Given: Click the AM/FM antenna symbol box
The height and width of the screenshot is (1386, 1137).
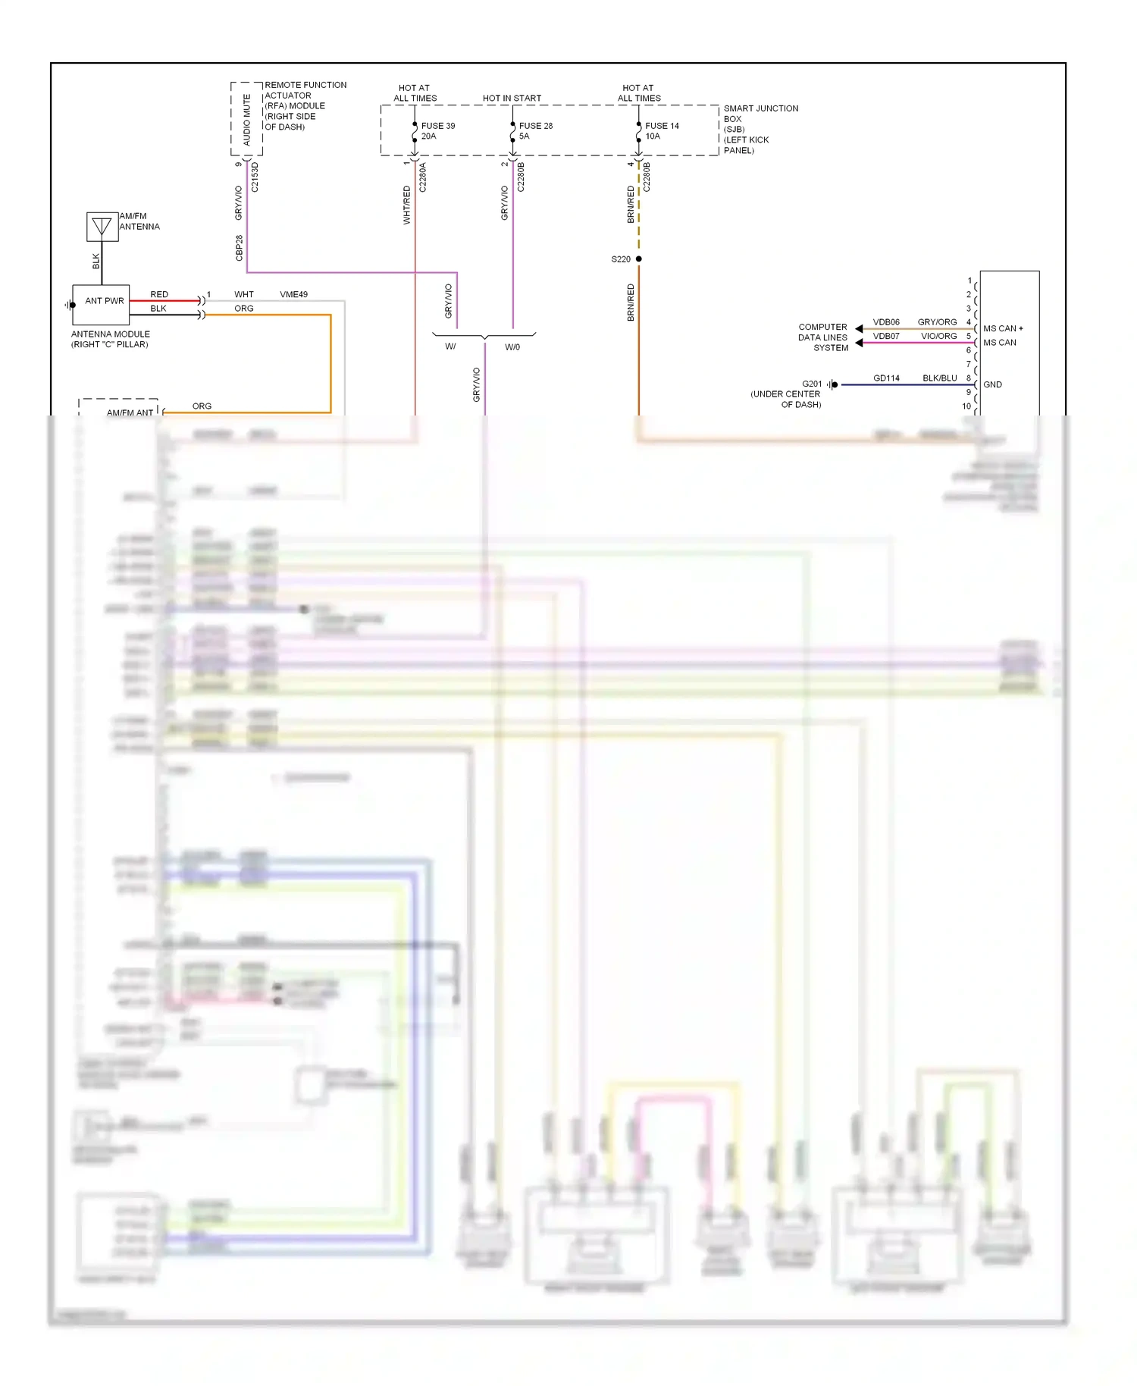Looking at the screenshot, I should [x=102, y=227].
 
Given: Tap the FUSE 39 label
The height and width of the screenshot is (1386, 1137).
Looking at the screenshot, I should [x=437, y=126].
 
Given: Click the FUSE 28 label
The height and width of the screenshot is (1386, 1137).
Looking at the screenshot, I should [x=535, y=126].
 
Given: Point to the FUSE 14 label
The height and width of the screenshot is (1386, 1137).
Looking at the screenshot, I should [x=662, y=126].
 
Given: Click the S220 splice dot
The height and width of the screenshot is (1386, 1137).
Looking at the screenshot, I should [x=638, y=259].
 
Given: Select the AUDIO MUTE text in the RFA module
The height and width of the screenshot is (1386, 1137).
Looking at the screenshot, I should [x=246, y=120].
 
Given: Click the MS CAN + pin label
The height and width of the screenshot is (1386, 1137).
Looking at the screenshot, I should [x=1003, y=328].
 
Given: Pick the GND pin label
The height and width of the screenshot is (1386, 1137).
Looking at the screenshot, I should [x=992, y=384].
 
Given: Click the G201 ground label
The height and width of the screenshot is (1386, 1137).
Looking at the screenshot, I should [x=811, y=384].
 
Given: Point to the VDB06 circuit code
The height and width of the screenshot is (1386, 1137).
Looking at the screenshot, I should [x=885, y=322].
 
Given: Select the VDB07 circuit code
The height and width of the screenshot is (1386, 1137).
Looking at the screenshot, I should [x=885, y=336].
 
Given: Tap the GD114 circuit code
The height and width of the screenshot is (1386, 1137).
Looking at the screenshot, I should [x=885, y=378].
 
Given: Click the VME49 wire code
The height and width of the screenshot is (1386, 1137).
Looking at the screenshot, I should [x=293, y=294].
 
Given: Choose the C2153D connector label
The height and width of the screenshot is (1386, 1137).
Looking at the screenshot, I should [x=255, y=177].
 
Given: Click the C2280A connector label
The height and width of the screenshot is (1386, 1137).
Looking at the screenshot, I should [x=422, y=177].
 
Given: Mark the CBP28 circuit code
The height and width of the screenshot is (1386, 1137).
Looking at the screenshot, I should [x=240, y=248].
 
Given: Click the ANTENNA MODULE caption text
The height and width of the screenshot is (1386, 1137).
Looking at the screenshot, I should [x=111, y=339].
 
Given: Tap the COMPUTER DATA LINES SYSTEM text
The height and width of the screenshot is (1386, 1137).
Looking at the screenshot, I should [x=822, y=337].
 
